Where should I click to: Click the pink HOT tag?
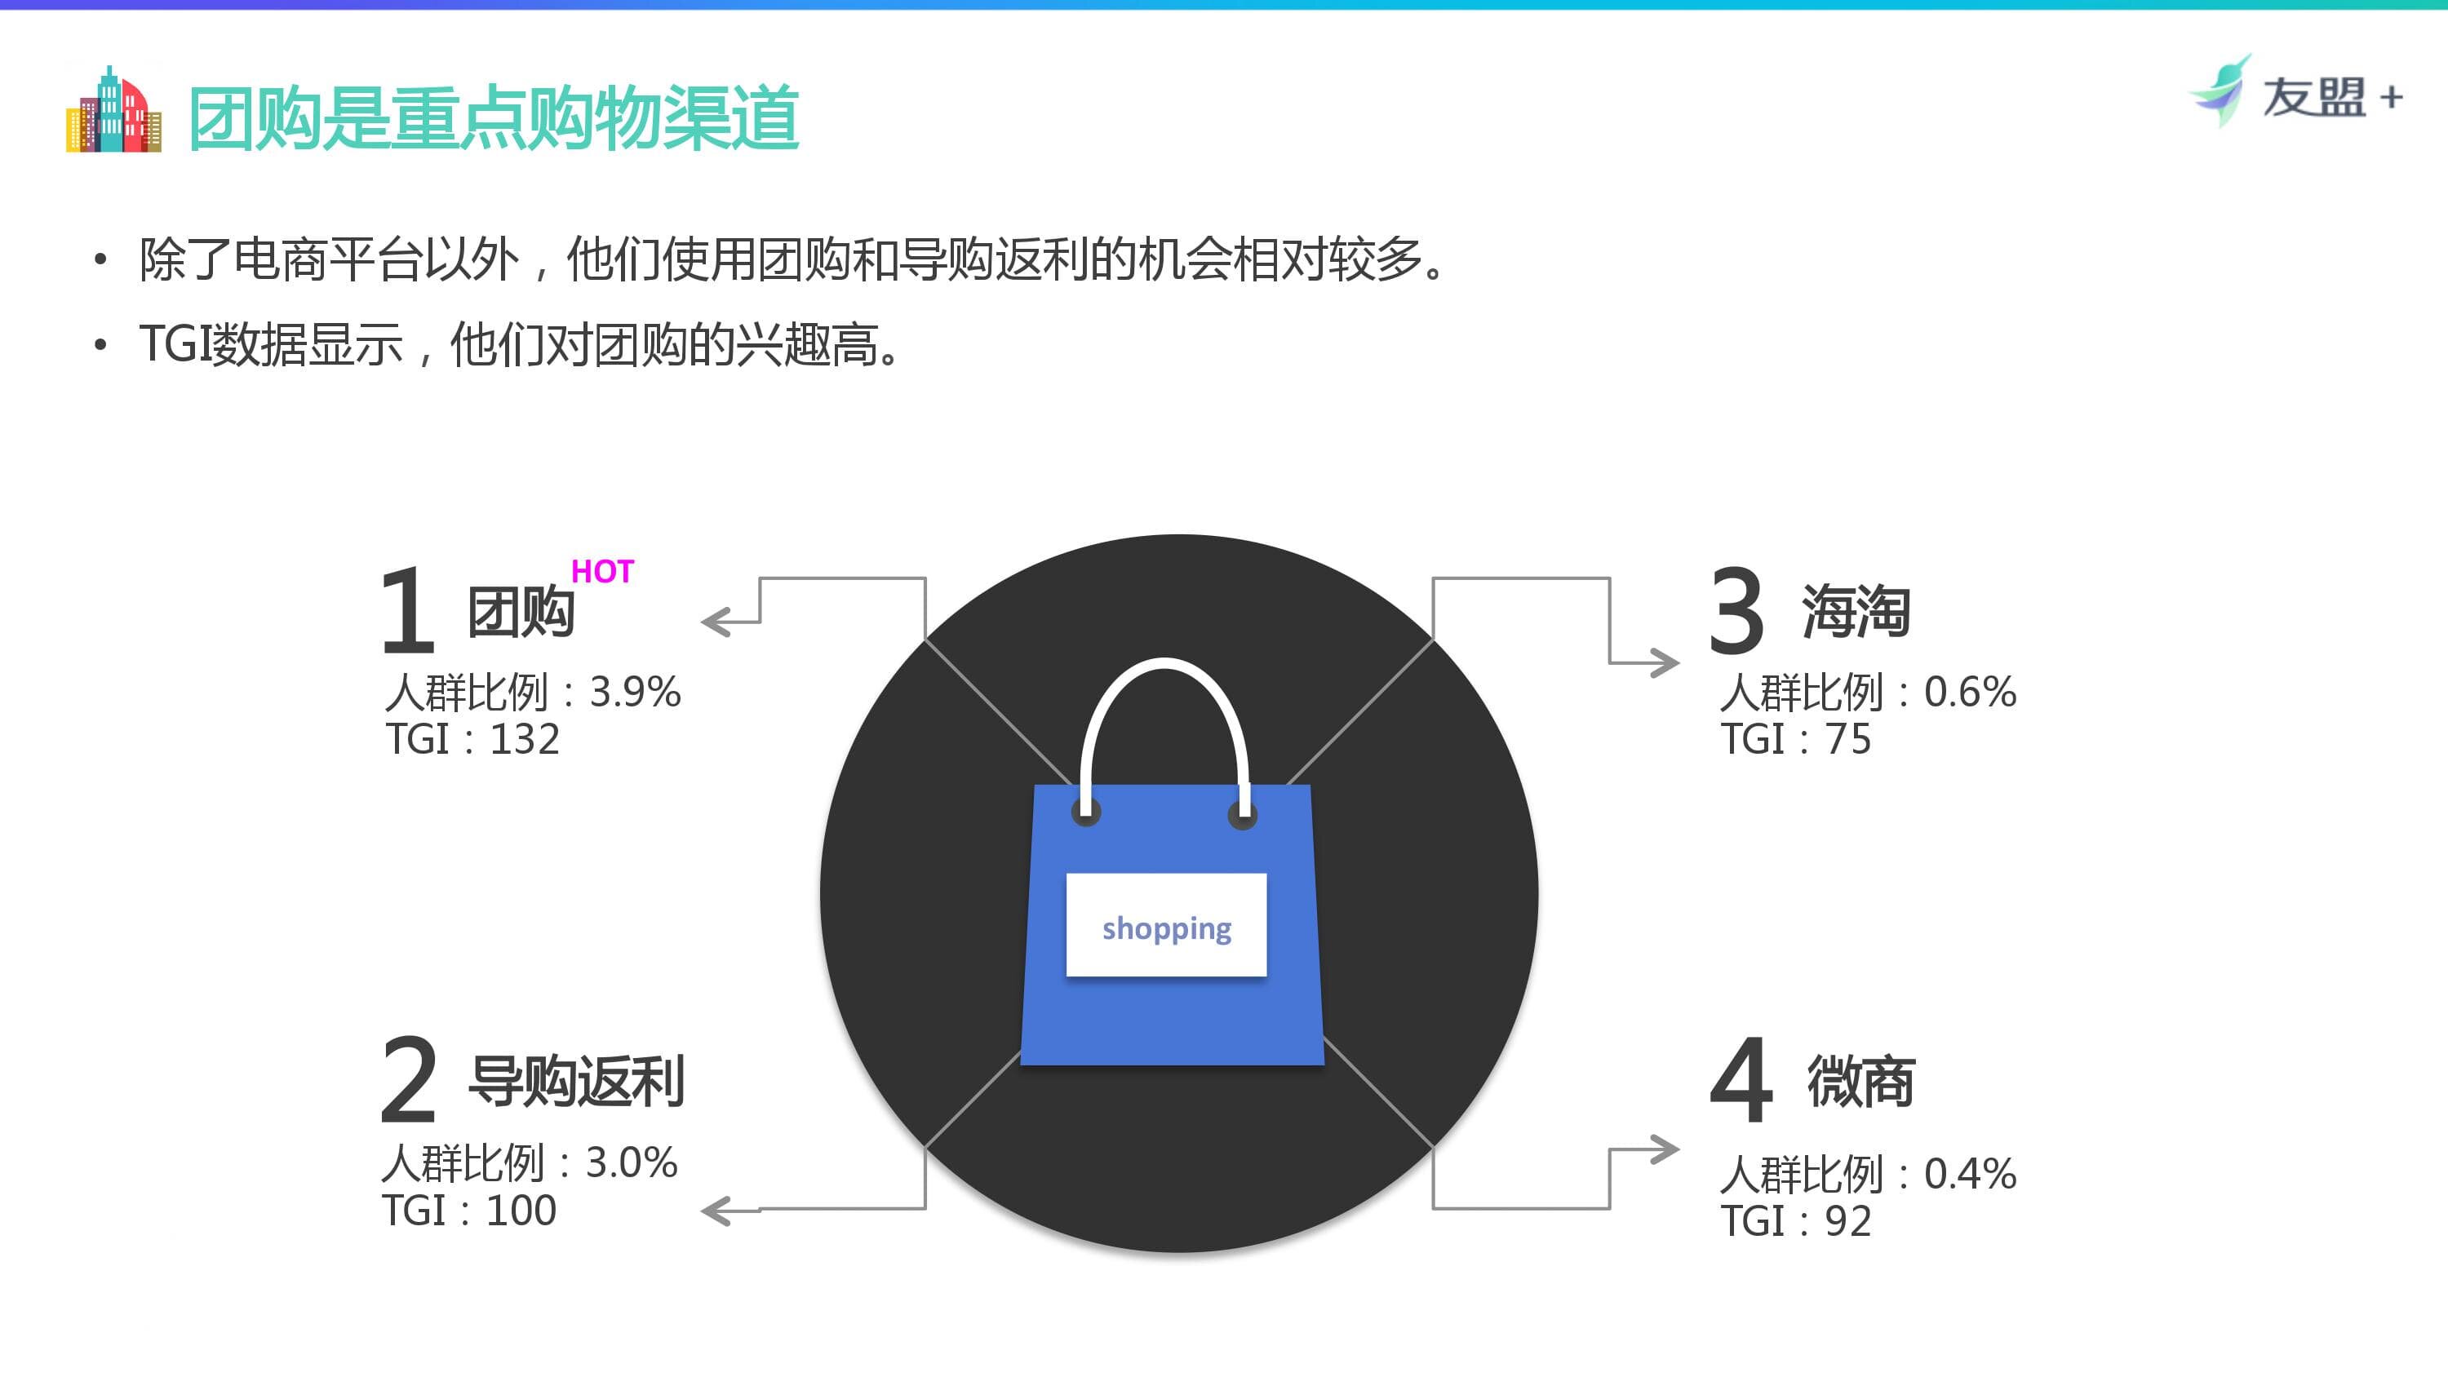[x=601, y=571]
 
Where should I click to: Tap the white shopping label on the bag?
[x=1166, y=924]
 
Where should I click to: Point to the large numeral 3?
[x=1736, y=610]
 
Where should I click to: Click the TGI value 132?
[x=525, y=739]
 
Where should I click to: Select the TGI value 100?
[x=521, y=1211]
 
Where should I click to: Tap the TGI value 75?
[x=1847, y=739]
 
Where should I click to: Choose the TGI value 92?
[x=1847, y=1221]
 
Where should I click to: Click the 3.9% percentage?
[x=635, y=692]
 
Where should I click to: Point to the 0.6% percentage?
[x=1970, y=692]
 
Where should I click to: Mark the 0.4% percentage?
[x=1970, y=1174]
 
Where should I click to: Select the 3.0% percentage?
[x=631, y=1162]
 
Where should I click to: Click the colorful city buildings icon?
[x=113, y=110]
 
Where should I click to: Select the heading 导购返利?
[x=576, y=1082]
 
